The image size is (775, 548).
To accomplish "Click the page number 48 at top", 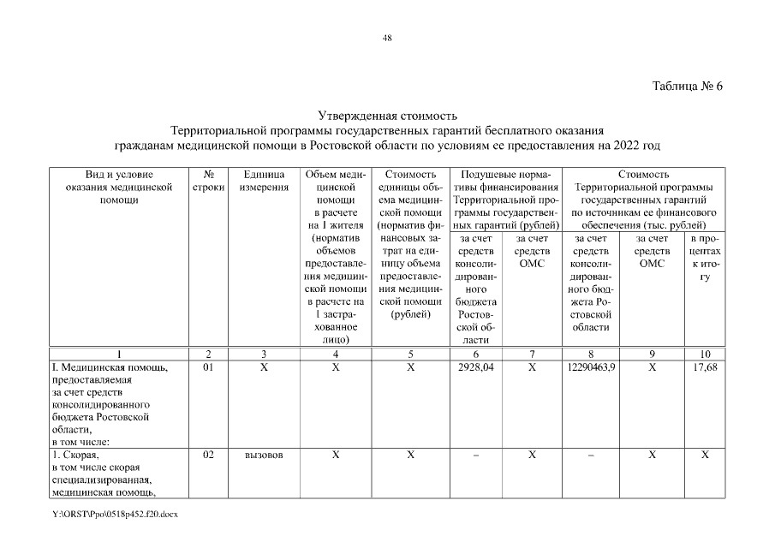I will pyautogui.click(x=387, y=38).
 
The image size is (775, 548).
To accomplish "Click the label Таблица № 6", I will pyautogui.click(x=688, y=86).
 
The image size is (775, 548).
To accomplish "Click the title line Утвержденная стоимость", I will pyautogui.click(x=387, y=116).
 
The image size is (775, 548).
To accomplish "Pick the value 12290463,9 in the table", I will pyautogui.click(x=590, y=367).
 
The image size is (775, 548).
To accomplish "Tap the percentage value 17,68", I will pyautogui.click(x=704, y=367).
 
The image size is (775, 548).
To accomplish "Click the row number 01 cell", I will pyautogui.click(x=207, y=367).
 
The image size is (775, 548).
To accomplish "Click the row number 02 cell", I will pyautogui.click(x=207, y=455).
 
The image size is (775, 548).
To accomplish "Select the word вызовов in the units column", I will pyautogui.click(x=263, y=455).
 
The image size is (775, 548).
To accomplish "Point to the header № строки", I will pyautogui.click(x=207, y=180).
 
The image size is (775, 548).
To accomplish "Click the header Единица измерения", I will pyautogui.click(x=263, y=180).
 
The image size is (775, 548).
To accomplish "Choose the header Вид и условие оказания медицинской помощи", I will pyautogui.click(x=119, y=186).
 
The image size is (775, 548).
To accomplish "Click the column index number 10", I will pyautogui.click(x=704, y=354).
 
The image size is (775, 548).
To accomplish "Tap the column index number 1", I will pyautogui.click(x=119, y=354).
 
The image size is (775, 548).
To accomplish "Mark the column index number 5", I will pyautogui.click(x=409, y=354).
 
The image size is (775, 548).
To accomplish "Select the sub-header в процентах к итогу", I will pyautogui.click(x=704, y=259).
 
